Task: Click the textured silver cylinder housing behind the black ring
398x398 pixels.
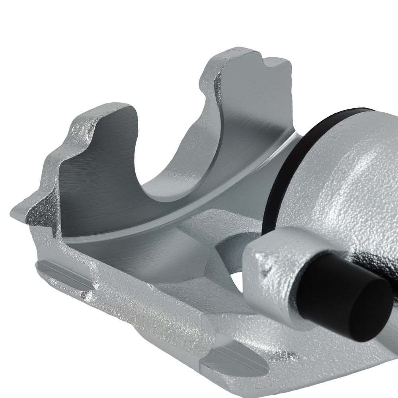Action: tap(350, 179)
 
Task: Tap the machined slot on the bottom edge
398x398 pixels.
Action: tap(235, 360)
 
